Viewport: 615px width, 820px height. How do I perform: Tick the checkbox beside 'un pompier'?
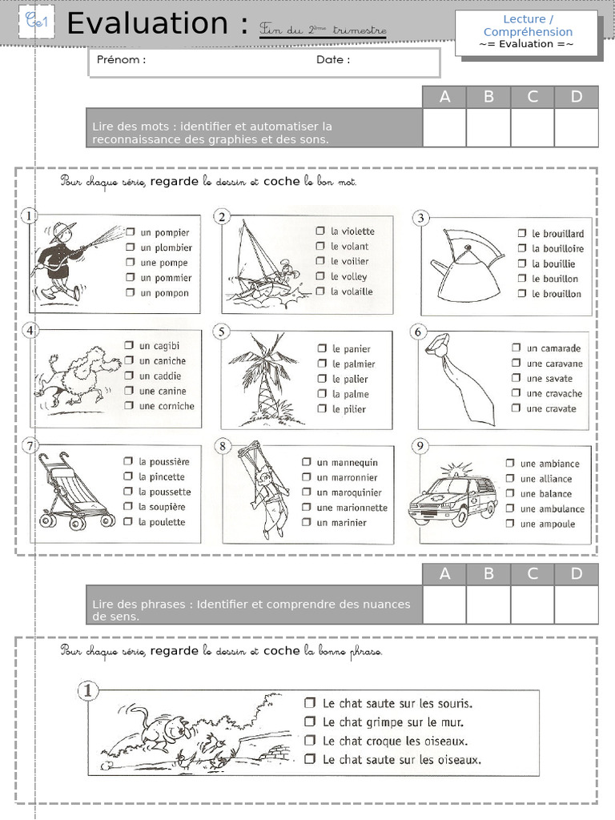tap(130, 232)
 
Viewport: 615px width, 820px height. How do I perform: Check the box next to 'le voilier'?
tap(320, 261)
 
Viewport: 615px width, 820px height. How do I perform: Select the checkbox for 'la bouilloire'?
tap(522, 248)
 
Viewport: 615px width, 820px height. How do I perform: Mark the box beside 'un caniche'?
tap(129, 360)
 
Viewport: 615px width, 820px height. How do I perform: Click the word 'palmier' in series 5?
tap(360, 364)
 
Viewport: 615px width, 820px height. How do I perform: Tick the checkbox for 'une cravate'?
tap(516, 408)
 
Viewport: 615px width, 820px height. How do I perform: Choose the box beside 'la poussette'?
tap(127, 492)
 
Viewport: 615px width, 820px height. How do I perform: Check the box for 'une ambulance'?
tap(509, 508)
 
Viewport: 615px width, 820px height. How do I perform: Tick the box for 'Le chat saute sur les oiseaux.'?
tap(310, 759)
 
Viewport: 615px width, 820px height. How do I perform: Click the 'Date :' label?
tap(333, 60)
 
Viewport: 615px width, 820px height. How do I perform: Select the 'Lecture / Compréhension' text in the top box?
tap(528, 26)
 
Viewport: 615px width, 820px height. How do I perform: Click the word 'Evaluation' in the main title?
tap(151, 24)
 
